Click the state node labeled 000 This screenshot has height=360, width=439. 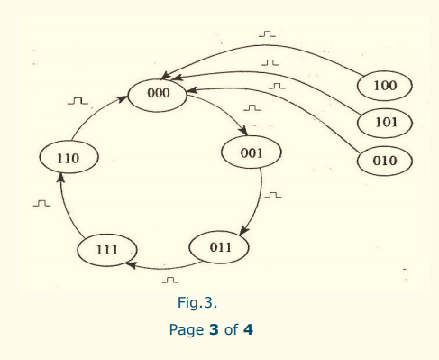point(159,93)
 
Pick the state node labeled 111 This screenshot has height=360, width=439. point(106,248)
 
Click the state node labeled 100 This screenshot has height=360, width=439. point(384,86)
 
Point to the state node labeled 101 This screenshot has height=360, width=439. point(384,122)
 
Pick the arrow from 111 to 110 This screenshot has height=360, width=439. point(68,208)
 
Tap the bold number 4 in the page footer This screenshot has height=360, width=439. point(248,329)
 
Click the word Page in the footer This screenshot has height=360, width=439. point(187,329)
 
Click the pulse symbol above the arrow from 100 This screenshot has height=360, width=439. point(267,34)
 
